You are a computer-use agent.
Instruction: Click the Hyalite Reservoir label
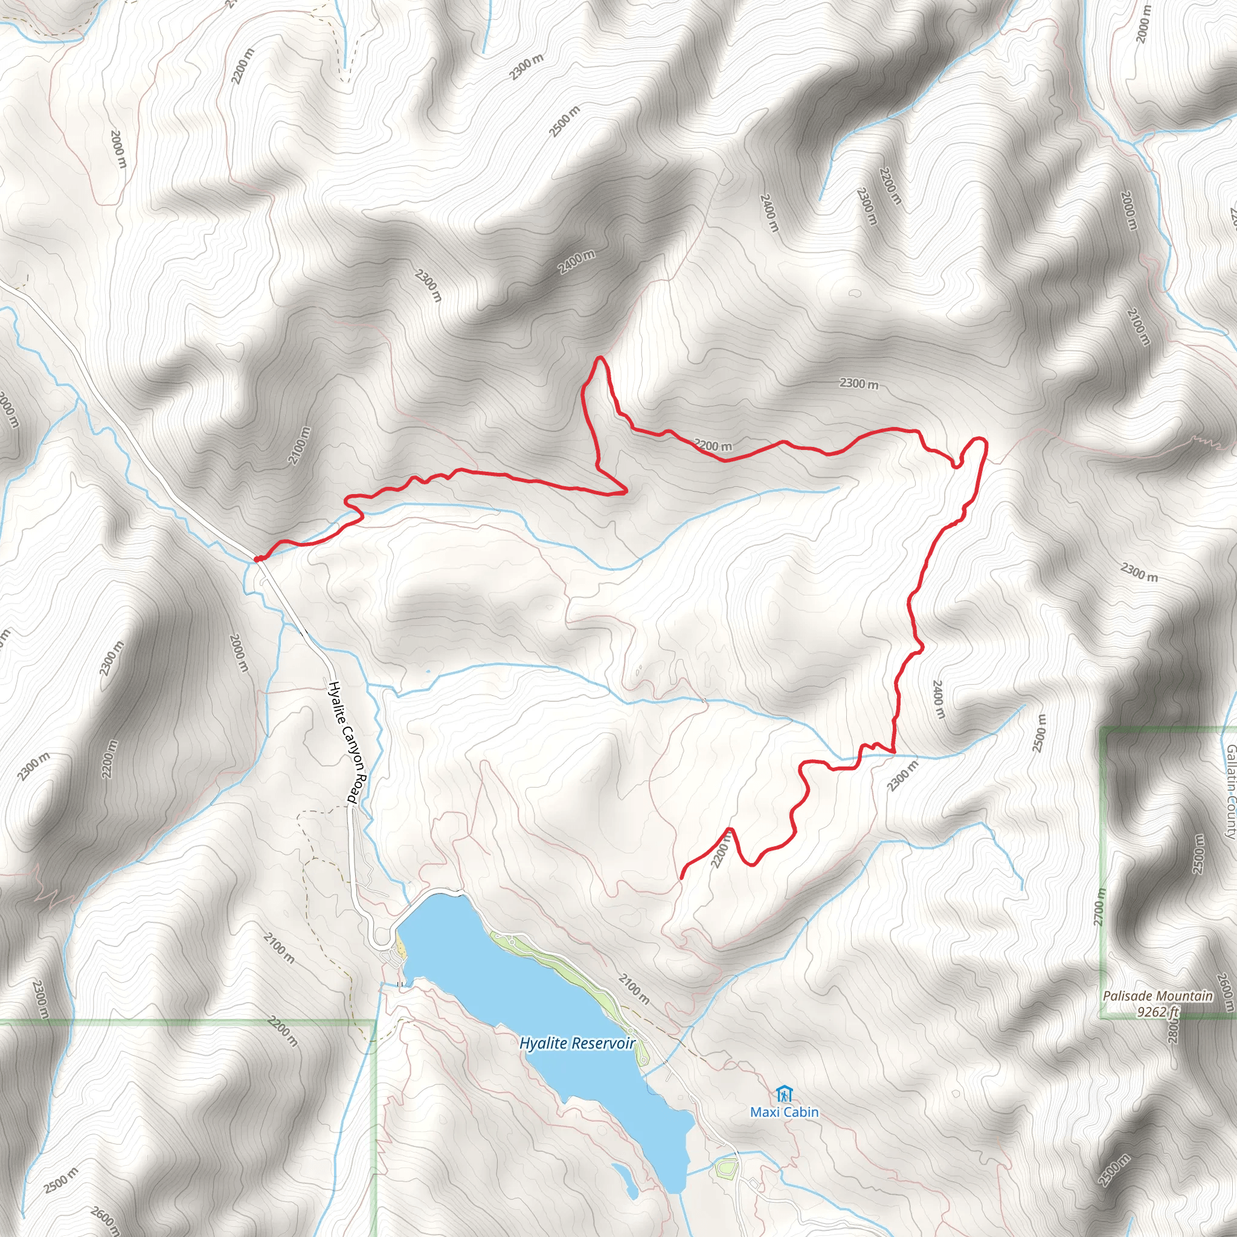point(577,1043)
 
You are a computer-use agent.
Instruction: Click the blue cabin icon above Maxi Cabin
point(783,1094)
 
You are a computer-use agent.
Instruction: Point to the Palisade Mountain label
point(1158,996)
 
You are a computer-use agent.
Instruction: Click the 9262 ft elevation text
point(1158,1012)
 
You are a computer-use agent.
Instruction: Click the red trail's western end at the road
point(257,559)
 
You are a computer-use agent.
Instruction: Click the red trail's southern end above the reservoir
point(681,876)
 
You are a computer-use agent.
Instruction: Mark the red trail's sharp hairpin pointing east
point(625,492)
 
